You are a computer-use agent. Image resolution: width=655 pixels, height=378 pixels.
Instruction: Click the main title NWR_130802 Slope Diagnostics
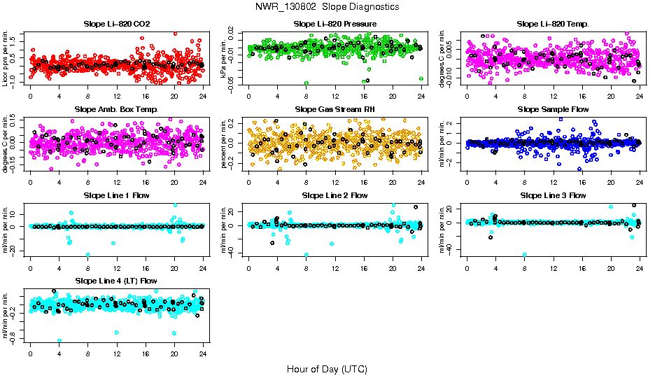[x=327, y=6]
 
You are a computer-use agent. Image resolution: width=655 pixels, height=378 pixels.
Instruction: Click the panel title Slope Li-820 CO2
[x=116, y=24]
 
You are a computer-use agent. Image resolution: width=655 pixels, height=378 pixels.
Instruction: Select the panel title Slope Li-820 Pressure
[x=334, y=24]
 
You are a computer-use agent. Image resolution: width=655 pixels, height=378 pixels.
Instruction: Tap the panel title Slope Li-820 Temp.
[x=553, y=24]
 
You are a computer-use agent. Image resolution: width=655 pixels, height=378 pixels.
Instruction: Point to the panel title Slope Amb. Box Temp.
[x=116, y=110]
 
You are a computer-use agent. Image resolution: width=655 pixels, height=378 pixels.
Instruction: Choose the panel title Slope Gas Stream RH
[x=334, y=110]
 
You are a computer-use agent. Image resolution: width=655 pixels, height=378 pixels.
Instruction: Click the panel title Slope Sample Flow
[x=553, y=110]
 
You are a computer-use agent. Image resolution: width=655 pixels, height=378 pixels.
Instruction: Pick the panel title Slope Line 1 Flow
[x=116, y=195]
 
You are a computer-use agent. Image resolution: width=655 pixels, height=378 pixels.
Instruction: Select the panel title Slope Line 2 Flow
[x=334, y=195]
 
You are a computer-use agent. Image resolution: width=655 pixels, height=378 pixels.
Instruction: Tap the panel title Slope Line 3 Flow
[x=553, y=195]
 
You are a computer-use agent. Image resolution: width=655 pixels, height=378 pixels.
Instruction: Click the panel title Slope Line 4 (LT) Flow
[x=116, y=281]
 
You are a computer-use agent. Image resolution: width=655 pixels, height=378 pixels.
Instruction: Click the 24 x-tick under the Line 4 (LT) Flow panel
[x=203, y=354]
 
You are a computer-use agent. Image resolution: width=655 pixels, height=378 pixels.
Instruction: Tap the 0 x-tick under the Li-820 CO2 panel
[x=31, y=97]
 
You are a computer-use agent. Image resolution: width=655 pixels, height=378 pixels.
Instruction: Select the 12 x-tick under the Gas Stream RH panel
[x=335, y=182]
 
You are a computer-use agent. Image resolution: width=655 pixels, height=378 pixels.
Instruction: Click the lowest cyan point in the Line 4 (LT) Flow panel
[x=59, y=341]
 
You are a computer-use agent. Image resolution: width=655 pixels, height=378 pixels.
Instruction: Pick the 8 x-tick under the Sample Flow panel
[x=525, y=182]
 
